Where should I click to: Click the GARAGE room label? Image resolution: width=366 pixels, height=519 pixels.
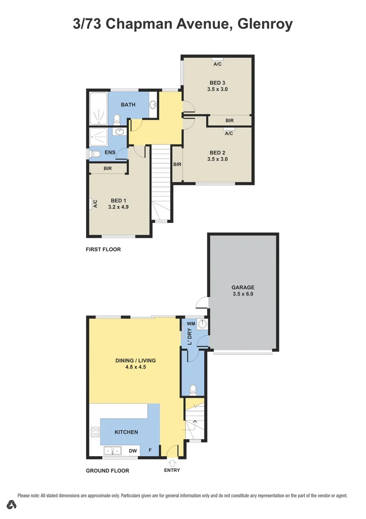pyautogui.click(x=243, y=287)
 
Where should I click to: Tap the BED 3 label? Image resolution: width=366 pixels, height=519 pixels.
pyautogui.click(x=217, y=83)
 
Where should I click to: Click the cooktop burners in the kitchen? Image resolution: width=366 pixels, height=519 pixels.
pyautogui.click(x=95, y=432)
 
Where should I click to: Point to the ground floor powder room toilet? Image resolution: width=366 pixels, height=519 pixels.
pyautogui.click(x=193, y=388)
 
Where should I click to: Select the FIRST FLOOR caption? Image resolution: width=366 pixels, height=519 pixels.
pyautogui.click(x=103, y=249)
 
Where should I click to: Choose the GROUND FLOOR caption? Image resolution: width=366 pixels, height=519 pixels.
pyautogui.click(x=107, y=470)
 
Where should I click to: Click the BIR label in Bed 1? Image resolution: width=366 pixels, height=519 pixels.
pyautogui.click(x=107, y=169)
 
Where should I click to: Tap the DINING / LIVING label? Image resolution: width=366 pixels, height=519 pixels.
pyautogui.click(x=135, y=360)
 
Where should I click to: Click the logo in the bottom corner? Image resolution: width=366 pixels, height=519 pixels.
pyautogui.click(x=12, y=505)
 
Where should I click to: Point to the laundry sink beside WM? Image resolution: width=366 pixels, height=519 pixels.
pyautogui.click(x=202, y=324)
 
